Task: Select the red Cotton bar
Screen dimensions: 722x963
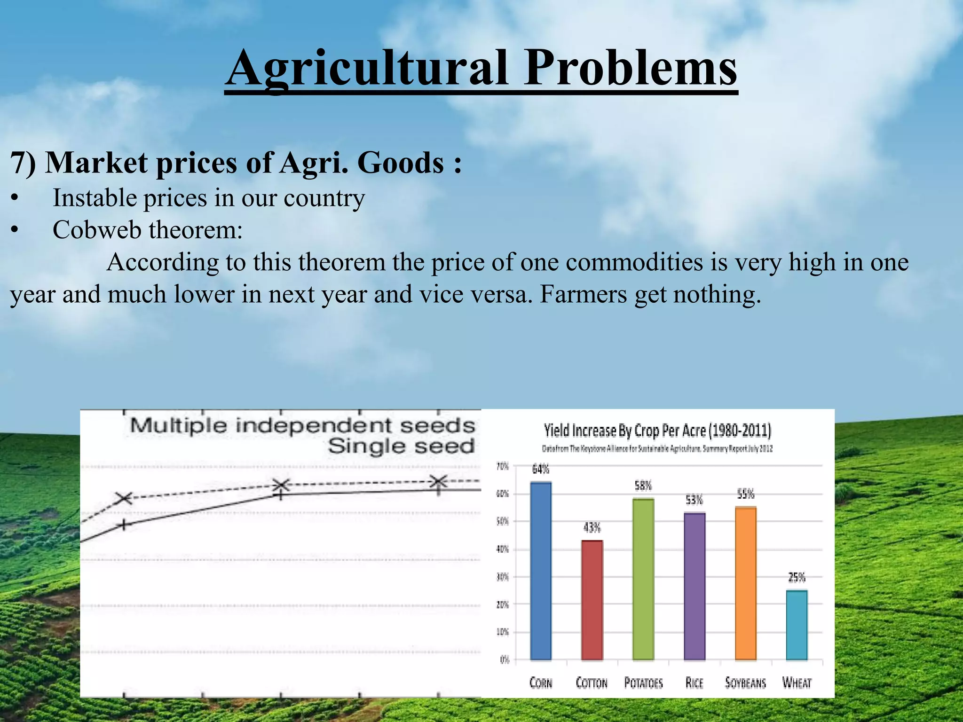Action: [592, 600]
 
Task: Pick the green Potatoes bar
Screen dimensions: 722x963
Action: [643, 579]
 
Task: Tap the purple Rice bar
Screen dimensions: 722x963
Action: [695, 586]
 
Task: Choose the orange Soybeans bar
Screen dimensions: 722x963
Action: [746, 583]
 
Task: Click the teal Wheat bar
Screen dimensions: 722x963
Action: [797, 625]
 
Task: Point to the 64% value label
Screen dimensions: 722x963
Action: [540, 469]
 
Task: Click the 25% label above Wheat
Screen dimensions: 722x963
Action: [797, 577]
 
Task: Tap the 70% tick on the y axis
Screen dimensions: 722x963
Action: [503, 466]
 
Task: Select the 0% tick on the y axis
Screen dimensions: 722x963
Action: [504, 660]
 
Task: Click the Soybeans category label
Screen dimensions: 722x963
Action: [745, 683]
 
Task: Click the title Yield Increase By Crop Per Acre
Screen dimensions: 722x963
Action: [657, 430]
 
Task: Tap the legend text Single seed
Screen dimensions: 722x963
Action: [401, 446]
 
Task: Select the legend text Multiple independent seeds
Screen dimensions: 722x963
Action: [302, 426]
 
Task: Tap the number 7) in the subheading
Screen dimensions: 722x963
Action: [23, 163]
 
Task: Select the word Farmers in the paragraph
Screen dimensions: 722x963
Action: [582, 295]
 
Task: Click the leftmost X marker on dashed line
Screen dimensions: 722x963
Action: [125, 498]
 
